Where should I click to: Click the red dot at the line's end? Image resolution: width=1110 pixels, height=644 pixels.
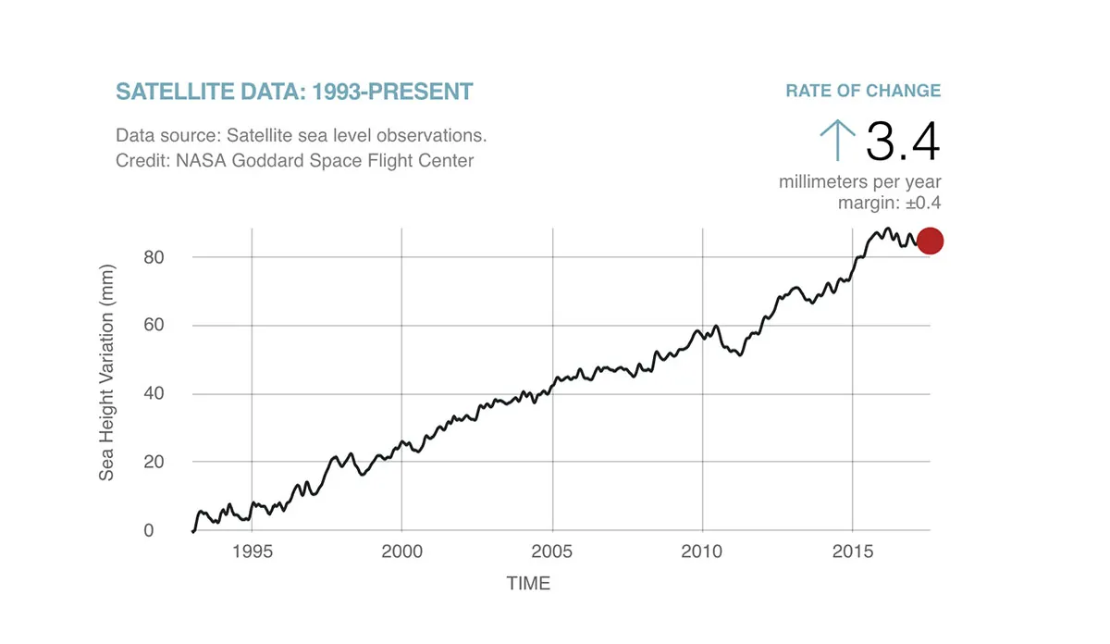point(929,241)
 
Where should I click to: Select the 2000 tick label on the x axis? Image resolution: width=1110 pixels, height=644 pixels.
point(401,551)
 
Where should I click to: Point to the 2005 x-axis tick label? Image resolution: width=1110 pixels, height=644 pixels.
point(552,551)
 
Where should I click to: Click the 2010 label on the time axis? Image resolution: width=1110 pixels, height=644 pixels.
point(703,551)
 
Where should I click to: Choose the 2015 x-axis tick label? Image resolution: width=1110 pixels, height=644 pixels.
point(853,551)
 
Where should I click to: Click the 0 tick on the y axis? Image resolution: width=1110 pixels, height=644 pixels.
point(148,531)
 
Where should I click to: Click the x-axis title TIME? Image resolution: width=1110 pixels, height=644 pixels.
point(528,584)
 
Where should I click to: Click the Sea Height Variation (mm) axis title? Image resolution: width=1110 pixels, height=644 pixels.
point(107,395)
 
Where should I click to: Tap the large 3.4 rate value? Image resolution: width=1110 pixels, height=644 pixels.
point(902,142)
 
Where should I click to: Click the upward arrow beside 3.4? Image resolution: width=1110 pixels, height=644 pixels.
point(837,141)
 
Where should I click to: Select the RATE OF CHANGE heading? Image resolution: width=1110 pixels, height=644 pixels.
point(863,91)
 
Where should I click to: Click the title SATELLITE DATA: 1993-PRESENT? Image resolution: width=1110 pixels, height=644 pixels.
point(294,92)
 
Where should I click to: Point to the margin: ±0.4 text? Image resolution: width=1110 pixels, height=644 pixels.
point(889,204)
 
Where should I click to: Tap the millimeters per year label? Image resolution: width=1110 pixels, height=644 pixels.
point(859,182)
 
